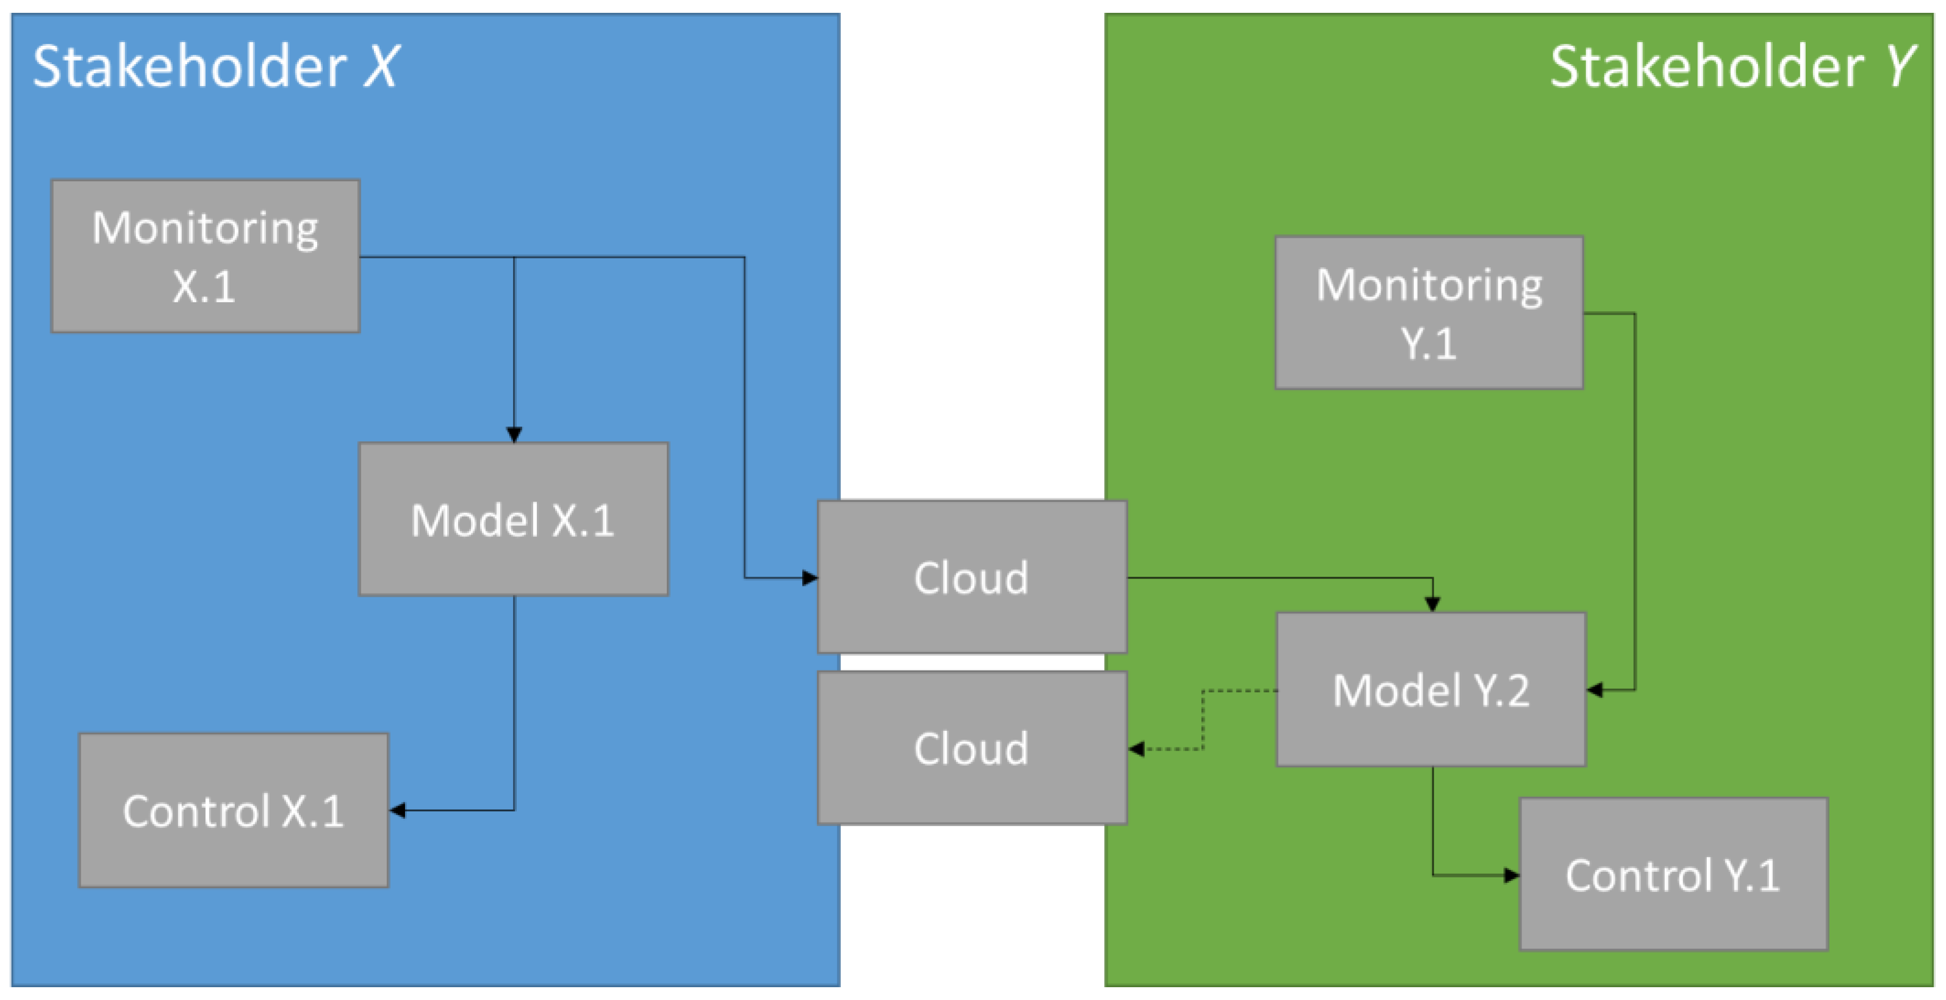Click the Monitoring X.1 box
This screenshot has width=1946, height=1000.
[205, 256]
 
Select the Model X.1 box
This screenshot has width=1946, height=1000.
[513, 520]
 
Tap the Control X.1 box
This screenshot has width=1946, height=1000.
[234, 810]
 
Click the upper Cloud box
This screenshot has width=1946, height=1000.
[972, 577]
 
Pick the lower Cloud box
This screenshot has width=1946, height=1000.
[972, 748]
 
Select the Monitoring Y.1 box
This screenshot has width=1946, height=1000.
[1429, 312]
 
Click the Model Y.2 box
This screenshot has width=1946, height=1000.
[1431, 689]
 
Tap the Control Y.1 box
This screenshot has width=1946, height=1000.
[1673, 875]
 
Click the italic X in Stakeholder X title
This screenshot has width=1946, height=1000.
[380, 67]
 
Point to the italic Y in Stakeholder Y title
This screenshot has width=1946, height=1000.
[1899, 67]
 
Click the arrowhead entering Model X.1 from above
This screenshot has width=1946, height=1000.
[514, 434]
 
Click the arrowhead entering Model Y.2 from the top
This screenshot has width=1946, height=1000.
[1432, 603]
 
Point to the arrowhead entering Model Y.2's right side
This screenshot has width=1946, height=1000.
[1595, 689]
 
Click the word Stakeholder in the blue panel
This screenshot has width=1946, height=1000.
[190, 67]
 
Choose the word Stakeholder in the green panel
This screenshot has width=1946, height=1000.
[1706, 67]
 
